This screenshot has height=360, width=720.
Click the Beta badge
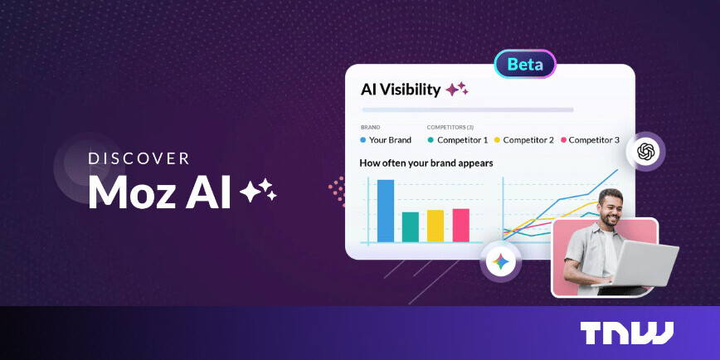(525, 64)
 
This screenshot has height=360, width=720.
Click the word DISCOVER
(139, 158)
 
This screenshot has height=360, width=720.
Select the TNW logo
(626, 333)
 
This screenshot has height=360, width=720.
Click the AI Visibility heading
(401, 90)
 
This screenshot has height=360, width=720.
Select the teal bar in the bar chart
(411, 226)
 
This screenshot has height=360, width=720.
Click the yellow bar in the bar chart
(435, 225)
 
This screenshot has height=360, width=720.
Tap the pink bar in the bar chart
(461, 224)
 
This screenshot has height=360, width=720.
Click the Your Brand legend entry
(386, 140)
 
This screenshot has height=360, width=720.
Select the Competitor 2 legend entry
(523, 140)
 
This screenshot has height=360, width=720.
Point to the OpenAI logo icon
(646, 151)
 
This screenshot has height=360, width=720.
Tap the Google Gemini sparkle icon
(500, 262)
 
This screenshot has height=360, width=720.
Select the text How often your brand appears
(426, 163)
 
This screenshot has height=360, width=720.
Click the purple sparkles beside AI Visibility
(457, 89)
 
